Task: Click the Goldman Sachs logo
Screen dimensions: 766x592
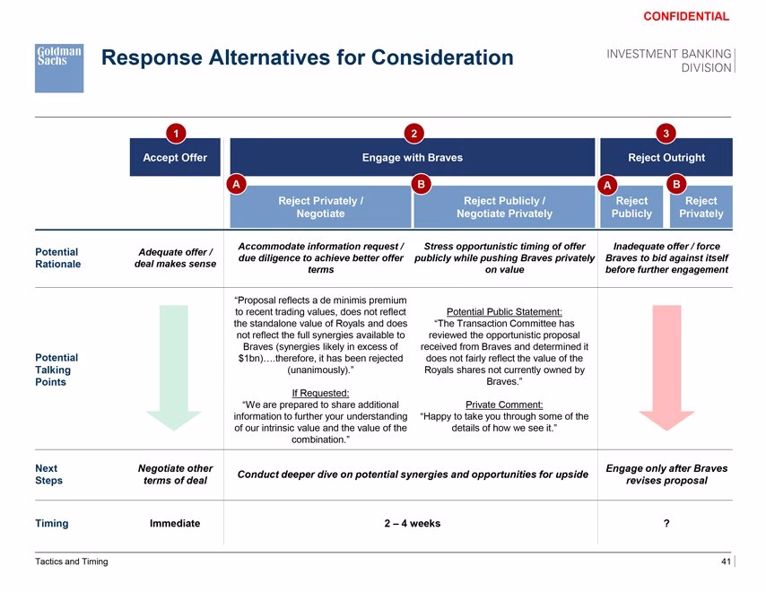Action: [x=59, y=68]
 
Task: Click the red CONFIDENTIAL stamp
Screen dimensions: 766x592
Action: [x=686, y=17]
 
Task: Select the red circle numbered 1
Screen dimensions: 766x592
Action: [x=176, y=134]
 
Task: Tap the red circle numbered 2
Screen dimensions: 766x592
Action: [x=413, y=134]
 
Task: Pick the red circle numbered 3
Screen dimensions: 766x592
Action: [x=666, y=134]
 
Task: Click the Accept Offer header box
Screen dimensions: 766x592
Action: [x=175, y=157]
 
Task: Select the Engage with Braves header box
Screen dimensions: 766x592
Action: [x=413, y=157]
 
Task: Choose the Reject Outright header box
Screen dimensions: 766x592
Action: [x=666, y=157]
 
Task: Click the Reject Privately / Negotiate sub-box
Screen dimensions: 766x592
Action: [x=320, y=207]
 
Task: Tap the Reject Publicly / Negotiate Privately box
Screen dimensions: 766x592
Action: [x=504, y=207]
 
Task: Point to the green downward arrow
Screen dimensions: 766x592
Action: [x=174, y=368]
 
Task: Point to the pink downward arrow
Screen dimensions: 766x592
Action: [x=666, y=368]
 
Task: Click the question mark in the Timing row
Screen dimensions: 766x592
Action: [x=666, y=524]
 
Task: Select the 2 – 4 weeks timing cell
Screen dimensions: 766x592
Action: [x=413, y=524]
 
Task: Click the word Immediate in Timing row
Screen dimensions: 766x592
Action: [x=175, y=524]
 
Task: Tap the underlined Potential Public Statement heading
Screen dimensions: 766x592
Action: [x=504, y=311]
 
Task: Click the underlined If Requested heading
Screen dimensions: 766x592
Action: [x=320, y=393]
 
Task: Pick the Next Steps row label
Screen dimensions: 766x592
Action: [x=48, y=474]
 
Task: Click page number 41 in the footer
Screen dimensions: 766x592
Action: [x=726, y=562]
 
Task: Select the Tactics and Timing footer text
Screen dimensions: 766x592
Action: [x=72, y=562]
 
